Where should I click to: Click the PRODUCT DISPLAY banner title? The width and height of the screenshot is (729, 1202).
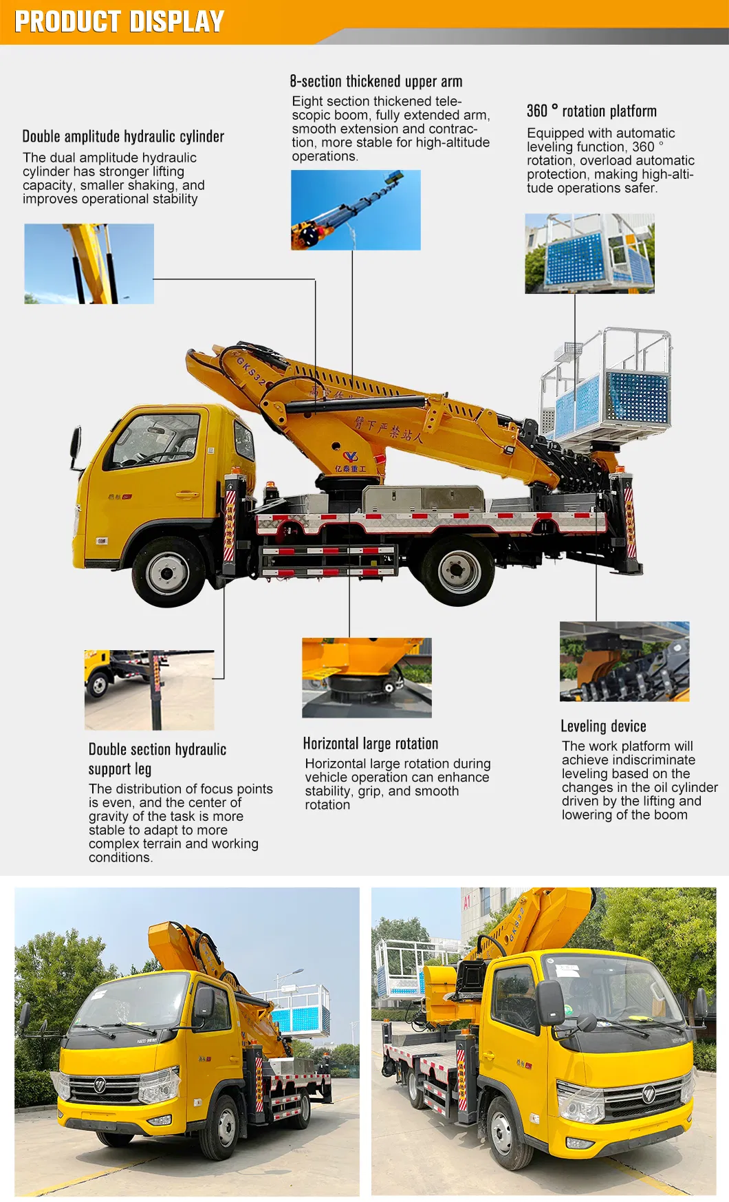tap(119, 21)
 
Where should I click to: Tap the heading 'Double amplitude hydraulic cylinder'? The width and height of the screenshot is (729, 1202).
tap(123, 136)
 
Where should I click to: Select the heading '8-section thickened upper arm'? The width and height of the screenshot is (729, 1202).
tap(376, 81)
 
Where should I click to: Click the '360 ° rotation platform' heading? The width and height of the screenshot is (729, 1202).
tap(591, 111)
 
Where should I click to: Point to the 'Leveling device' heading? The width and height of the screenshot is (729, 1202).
tap(603, 726)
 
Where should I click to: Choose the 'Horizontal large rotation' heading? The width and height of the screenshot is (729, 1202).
tap(370, 743)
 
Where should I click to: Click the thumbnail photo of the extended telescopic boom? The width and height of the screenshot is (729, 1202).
tap(356, 210)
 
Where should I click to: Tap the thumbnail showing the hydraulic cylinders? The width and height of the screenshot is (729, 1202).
tap(89, 264)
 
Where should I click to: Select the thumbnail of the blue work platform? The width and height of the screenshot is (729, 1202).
tap(589, 253)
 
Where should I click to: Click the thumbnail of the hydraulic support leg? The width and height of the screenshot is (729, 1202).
tap(149, 690)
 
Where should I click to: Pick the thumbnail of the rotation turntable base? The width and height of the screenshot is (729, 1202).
tap(367, 678)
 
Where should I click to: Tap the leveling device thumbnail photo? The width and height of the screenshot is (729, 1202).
tap(624, 662)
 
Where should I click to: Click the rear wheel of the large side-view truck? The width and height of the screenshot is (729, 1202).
tap(457, 570)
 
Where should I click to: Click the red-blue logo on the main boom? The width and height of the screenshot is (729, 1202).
tap(351, 457)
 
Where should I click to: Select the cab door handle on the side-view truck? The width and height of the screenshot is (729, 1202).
tap(186, 495)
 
